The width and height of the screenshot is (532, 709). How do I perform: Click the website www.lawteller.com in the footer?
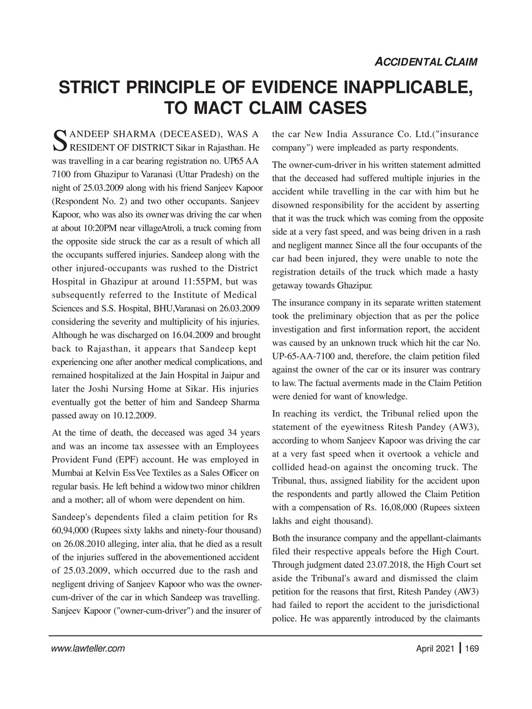point(87,649)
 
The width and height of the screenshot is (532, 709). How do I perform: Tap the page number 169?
point(472,649)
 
